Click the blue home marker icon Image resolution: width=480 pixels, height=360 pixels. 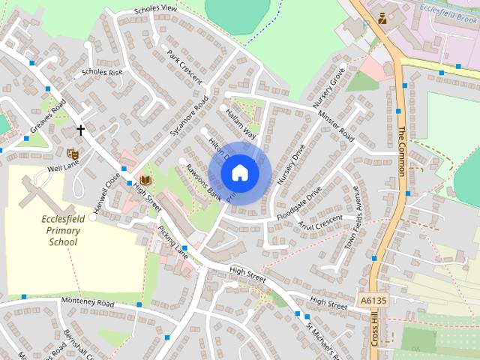tap(239, 172)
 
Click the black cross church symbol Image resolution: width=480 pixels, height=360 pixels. tap(80, 130)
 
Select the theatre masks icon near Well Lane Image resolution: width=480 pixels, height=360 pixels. tap(73, 154)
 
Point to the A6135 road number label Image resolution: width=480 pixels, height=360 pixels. tap(373, 299)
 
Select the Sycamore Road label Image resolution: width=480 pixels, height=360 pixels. tap(188, 118)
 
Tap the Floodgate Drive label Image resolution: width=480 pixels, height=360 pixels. tap(298, 203)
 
